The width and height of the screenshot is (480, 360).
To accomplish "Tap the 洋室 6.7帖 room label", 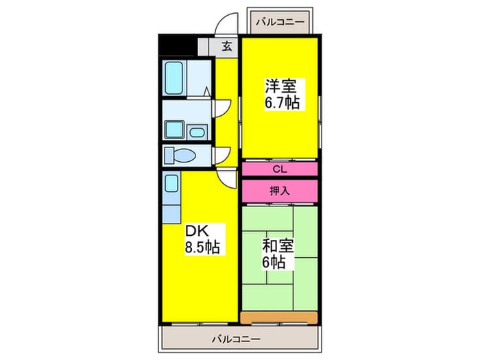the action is pos(281,95).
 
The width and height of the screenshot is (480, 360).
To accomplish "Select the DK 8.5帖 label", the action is pos(202,239).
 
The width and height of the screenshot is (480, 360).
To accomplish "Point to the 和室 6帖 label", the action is pos(278,254).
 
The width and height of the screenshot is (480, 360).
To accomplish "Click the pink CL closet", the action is pos(280,169).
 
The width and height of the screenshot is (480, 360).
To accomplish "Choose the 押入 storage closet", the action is pos(280,191).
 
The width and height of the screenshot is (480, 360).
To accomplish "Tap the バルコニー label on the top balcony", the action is pos(280,22).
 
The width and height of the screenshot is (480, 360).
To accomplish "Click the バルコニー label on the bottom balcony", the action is pos(237,339).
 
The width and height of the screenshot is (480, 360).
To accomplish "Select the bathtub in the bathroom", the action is pos(174,77).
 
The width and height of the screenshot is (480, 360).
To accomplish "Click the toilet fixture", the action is pos(180,156).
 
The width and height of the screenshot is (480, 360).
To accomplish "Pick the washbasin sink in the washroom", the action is pos(197,132).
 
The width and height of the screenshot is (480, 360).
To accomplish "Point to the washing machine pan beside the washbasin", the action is pos(174,130).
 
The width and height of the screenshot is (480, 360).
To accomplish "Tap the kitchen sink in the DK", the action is pos(171,183).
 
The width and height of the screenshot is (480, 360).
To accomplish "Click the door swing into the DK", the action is pos(227,178).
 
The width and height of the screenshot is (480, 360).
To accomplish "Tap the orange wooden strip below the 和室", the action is pos(279,317).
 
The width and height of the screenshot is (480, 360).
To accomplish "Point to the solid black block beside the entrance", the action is pos(177,46).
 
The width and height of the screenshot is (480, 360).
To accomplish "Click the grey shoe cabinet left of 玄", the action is pos(203,47).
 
